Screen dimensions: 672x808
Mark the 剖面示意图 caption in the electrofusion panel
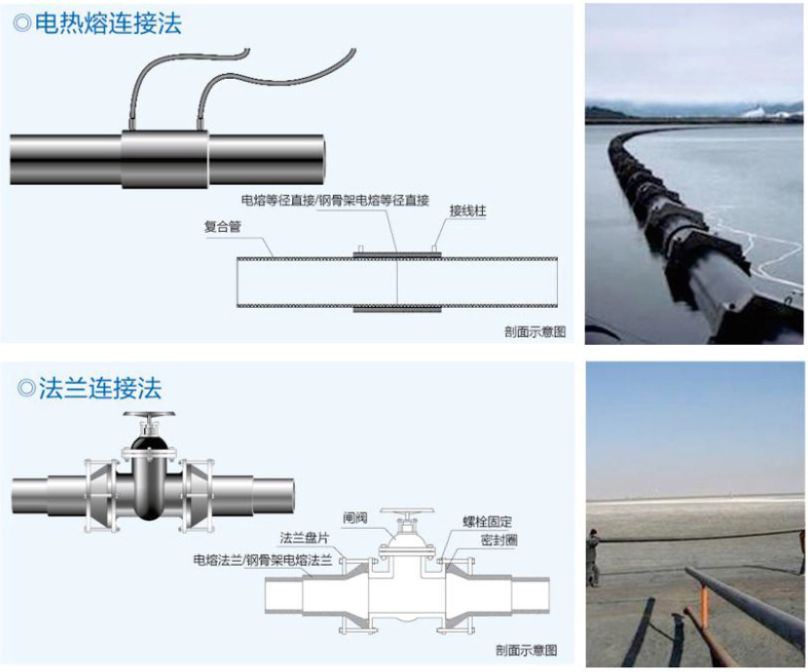point(534,332)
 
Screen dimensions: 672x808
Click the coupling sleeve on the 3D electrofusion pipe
point(165,154)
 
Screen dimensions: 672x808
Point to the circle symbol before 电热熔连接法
point(22,24)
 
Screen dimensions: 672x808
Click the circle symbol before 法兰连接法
point(26,390)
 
